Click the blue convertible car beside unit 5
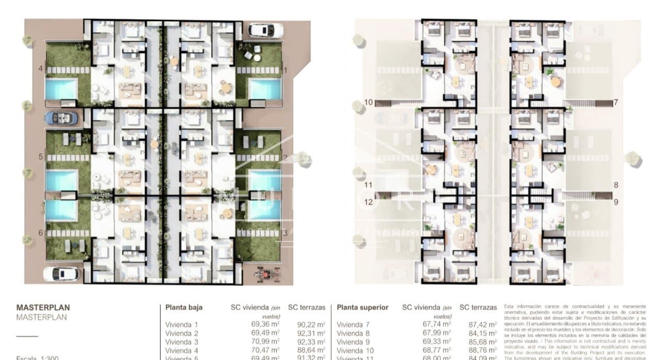[61, 118]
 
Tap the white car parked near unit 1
[264, 30]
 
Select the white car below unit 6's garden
[61, 273]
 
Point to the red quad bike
[268, 274]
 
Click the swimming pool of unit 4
[61, 89]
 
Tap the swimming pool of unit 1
[264, 89]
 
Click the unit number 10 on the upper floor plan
[368, 102]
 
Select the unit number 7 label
[616, 102]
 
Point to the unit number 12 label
[368, 202]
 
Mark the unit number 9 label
[616, 202]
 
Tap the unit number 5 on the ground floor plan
[41, 157]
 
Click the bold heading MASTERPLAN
[43, 308]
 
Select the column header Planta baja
[184, 307]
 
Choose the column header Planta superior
[362, 307]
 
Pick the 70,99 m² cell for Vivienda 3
[265, 341]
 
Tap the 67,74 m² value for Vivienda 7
[436, 325]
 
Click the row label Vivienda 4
[181, 350]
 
